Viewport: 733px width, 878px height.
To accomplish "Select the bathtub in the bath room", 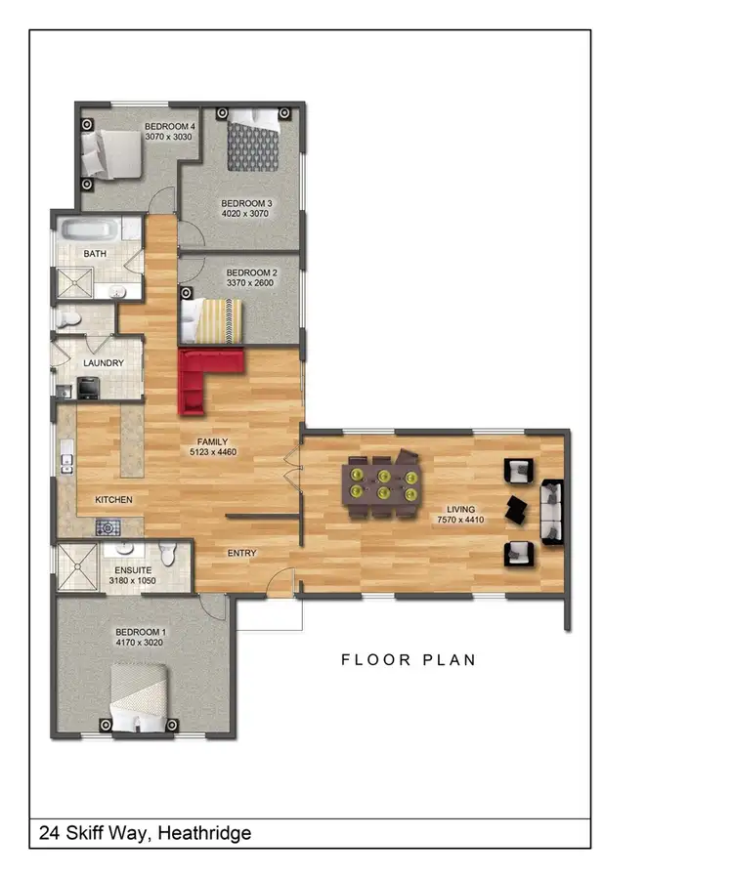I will tap(89, 231).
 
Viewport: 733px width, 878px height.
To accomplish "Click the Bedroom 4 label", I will tap(170, 126).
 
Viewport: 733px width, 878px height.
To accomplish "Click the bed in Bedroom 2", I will tap(210, 320).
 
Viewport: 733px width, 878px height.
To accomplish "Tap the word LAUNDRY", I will tap(104, 363).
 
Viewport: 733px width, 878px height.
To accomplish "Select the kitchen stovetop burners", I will tap(107, 528).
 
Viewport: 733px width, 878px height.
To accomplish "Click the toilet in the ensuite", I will tap(169, 555).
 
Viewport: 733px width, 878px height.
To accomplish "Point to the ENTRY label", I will tap(241, 554).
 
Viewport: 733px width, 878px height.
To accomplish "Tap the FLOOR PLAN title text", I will tap(409, 660).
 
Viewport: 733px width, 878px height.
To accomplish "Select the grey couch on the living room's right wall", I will tap(551, 512).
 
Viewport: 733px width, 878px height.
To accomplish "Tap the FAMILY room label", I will tap(213, 441).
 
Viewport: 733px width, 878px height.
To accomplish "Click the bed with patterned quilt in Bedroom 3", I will tap(253, 144).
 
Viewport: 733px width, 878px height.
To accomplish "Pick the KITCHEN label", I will tap(113, 500).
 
